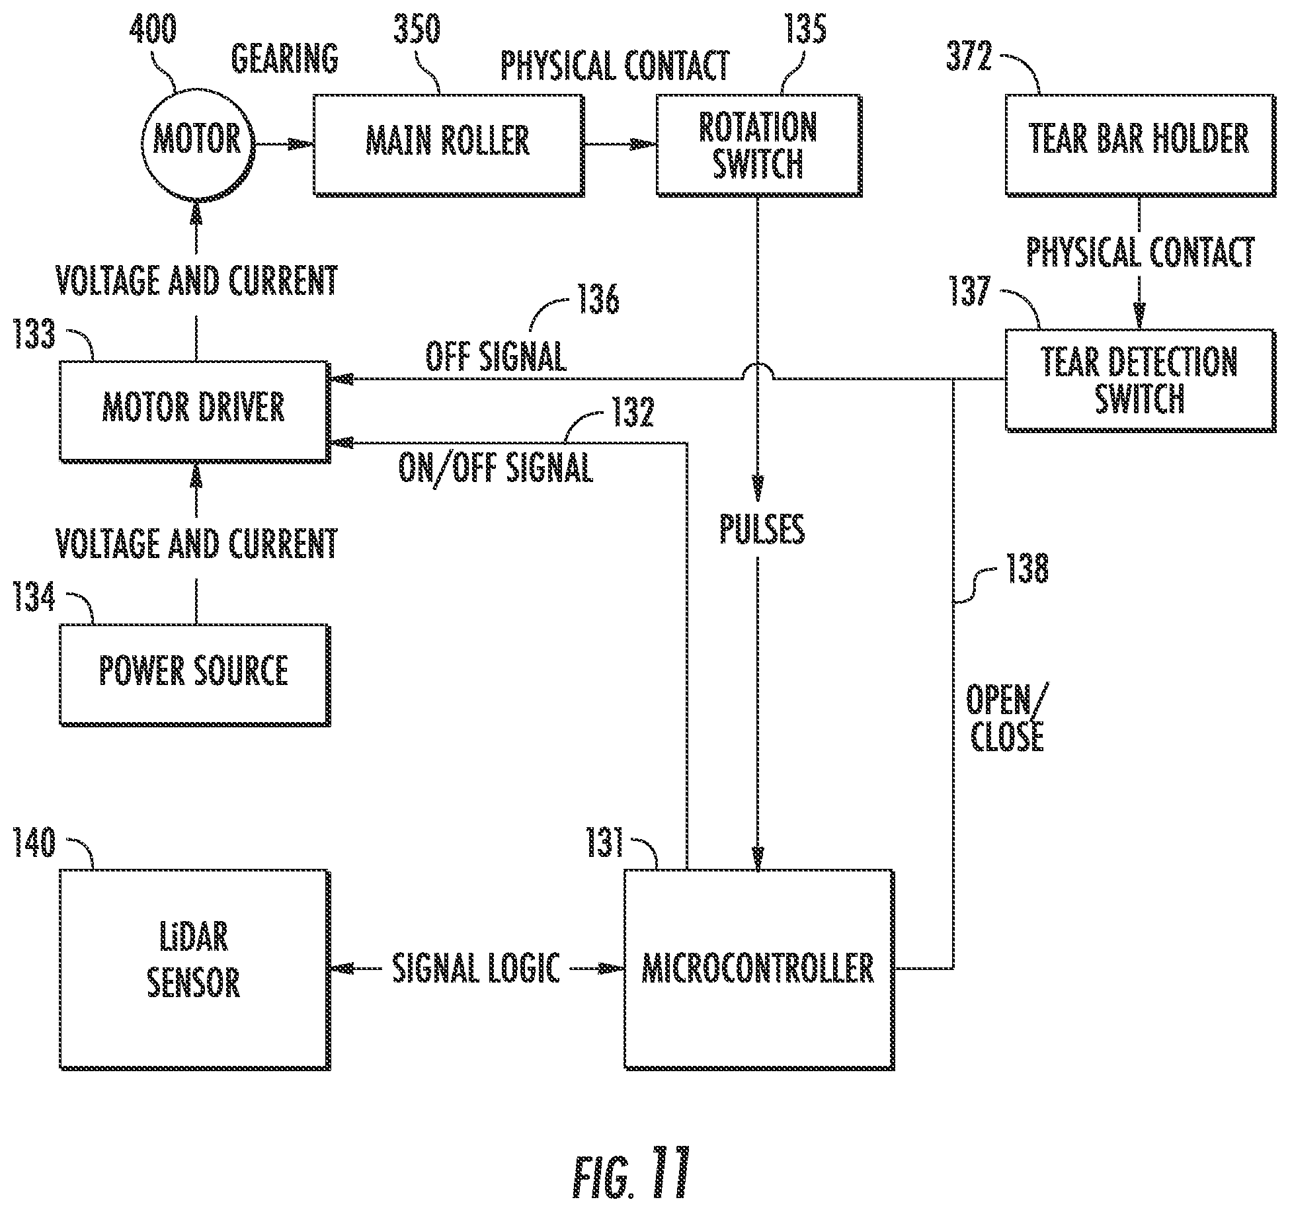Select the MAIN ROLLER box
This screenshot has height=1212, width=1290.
[x=448, y=145]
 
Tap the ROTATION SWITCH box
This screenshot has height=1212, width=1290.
[x=758, y=145]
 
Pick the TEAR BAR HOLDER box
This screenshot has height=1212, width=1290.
[x=1141, y=145]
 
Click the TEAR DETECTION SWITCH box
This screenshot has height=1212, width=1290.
[x=1141, y=380]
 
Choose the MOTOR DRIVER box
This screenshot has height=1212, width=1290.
[x=195, y=411]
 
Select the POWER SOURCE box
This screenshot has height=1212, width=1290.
[x=195, y=675]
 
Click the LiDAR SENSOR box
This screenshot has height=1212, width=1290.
[x=195, y=970]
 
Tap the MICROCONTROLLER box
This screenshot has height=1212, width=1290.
[x=759, y=970]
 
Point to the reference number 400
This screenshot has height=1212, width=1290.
[x=153, y=29]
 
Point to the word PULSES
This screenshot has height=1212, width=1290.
[x=762, y=529]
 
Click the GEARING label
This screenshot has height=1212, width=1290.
[x=284, y=58]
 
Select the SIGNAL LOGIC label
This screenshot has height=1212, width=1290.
[x=476, y=968]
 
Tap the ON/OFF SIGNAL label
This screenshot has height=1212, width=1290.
[x=495, y=468]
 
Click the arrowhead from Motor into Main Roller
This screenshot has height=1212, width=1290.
[x=302, y=144]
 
